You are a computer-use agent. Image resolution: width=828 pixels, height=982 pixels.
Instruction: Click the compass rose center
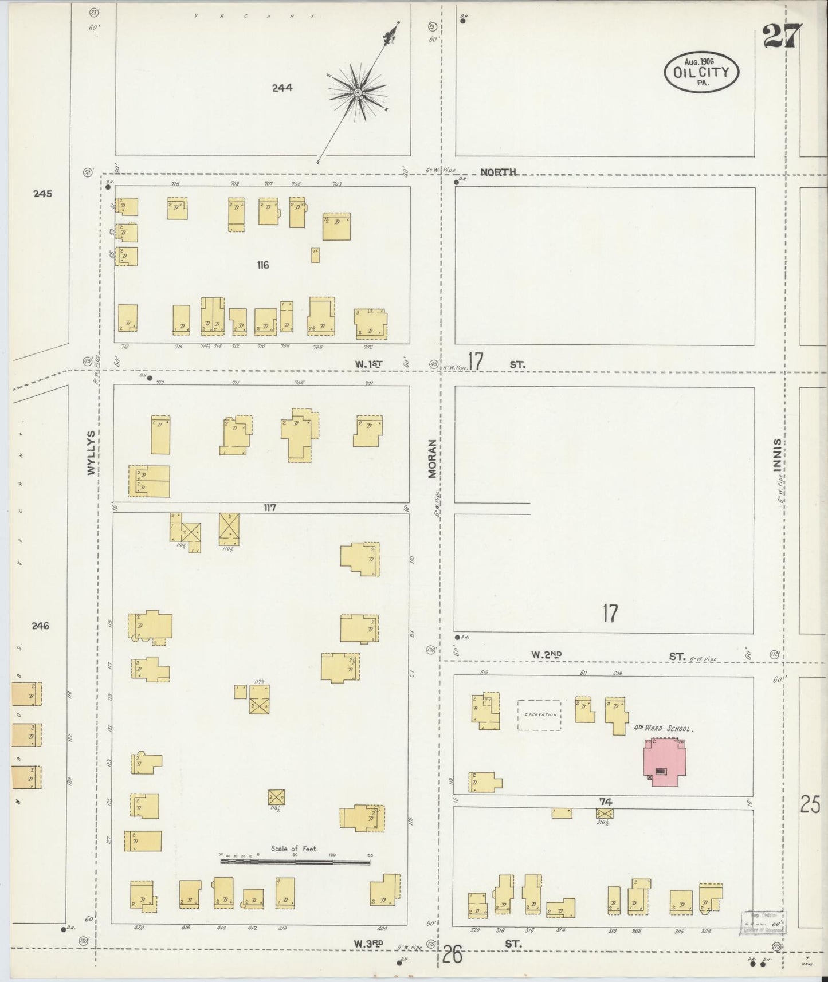coord(358,91)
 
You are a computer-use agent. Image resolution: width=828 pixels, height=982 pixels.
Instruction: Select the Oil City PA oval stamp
coord(701,72)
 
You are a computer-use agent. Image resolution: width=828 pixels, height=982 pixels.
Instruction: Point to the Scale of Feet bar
coord(295,861)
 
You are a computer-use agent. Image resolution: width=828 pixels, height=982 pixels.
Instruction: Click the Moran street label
coord(432,459)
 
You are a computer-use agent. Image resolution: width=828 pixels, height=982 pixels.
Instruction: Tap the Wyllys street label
coord(91,452)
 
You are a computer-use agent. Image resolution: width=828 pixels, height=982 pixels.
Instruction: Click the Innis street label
coord(776,455)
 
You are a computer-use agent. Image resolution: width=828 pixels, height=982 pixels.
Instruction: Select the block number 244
coord(282,88)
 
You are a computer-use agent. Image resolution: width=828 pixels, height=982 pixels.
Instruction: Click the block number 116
coord(263,265)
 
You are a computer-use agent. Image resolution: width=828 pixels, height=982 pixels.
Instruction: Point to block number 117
coord(270,507)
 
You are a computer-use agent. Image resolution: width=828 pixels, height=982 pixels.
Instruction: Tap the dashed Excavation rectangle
coord(539,715)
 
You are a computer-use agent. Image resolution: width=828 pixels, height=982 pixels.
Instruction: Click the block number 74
coord(606,802)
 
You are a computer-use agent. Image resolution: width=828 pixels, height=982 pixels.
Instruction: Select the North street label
coord(499,172)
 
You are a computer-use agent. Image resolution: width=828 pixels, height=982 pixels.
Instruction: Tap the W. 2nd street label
coord(546,654)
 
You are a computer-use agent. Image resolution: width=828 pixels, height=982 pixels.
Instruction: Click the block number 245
coord(42,194)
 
